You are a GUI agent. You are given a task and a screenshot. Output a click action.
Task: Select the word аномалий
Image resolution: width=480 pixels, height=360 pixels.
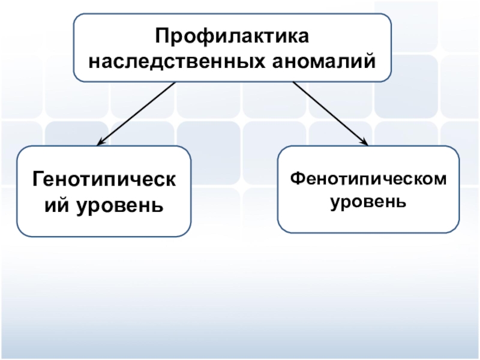click(x=334, y=61)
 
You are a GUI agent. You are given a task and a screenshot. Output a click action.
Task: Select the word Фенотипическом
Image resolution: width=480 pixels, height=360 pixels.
click(x=368, y=179)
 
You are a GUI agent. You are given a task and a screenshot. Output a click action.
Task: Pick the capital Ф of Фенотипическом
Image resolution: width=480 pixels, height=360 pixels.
click(x=296, y=179)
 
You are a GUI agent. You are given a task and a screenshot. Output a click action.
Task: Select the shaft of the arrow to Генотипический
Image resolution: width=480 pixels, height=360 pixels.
click(x=138, y=113)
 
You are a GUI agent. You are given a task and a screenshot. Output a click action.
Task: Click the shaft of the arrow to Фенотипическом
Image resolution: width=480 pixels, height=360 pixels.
click(x=330, y=112)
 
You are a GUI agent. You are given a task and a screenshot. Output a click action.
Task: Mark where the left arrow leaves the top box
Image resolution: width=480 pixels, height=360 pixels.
click(x=175, y=82)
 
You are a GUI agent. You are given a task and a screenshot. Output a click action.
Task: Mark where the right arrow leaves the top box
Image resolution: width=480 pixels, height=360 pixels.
click(x=293, y=82)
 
